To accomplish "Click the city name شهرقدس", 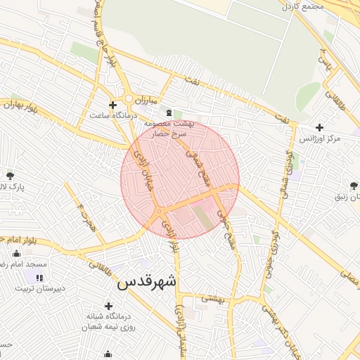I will tap(146, 283).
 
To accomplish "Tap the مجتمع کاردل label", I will tap(323, 6).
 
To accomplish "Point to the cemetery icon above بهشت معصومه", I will tap(168, 112).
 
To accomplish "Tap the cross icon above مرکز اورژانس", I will tap(320, 128).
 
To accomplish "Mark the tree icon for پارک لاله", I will tap(10, 175).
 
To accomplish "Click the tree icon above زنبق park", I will tap(353, 186).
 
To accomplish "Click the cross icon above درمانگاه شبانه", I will tap(108, 306).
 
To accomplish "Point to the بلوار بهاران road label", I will tap(18, 106).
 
